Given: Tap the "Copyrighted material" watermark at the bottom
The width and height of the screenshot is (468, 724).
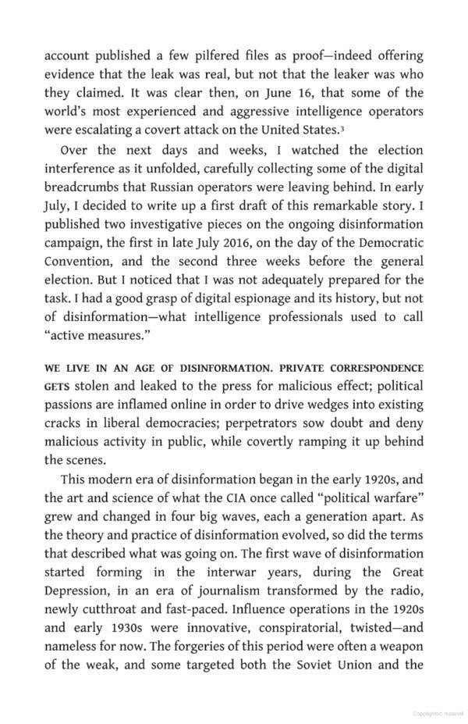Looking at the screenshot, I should [438, 713].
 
